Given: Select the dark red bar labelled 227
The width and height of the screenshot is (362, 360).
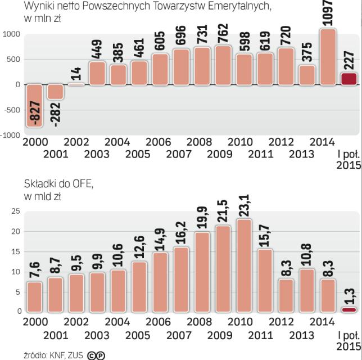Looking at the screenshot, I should coord(349,79).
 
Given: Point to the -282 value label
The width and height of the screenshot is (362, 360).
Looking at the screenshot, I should coord(56,112).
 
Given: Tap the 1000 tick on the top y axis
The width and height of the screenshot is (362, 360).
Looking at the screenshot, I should coord(11,34).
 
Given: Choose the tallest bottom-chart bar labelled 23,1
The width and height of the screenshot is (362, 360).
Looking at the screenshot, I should coord(244,265).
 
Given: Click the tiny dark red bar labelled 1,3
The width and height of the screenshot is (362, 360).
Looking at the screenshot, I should coord(349,309).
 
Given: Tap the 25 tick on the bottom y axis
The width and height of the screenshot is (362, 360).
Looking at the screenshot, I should coord(16,211).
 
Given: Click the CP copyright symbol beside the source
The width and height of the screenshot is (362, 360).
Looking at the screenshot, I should coord(96,355).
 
